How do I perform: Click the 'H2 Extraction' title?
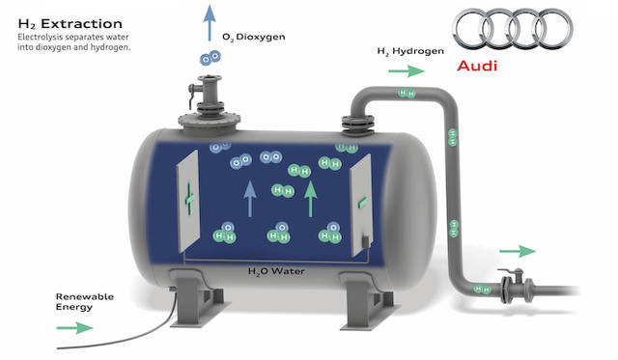click(x=63, y=22)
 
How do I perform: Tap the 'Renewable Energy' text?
click(x=85, y=301)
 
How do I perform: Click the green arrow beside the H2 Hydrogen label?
click(x=407, y=70)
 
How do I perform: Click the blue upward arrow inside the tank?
click(x=249, y=197)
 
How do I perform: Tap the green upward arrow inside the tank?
click(x=310, y=198)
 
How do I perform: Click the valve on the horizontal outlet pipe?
click(x=505, y=284)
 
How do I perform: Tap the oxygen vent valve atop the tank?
click(x=210, y=96)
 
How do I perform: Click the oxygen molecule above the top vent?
click(x=209, y=59)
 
